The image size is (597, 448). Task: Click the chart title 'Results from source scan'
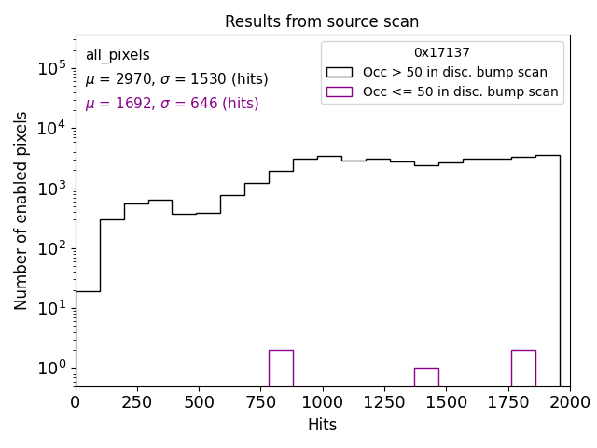(322, 21)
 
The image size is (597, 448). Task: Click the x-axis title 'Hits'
(322, 426)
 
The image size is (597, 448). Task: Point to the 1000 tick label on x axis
(323, 402)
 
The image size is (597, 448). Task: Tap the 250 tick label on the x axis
(137, 402)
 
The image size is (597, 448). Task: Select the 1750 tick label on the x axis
(507, 402)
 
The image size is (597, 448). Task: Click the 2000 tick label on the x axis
(569, 402)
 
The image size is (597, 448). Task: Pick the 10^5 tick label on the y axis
(50, 69)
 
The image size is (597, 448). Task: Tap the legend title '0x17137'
(442, 53)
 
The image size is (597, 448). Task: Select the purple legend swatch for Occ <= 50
(340, 91)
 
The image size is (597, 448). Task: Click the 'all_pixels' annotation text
(118, 55)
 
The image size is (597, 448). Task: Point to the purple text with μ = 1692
(172, 104)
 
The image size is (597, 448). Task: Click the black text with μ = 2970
(176, 79)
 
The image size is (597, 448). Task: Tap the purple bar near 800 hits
(281, 368)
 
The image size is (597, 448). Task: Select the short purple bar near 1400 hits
(426, 377)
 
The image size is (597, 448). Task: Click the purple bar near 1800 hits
(523, 368)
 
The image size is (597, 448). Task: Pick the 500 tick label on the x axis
(199, 402)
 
